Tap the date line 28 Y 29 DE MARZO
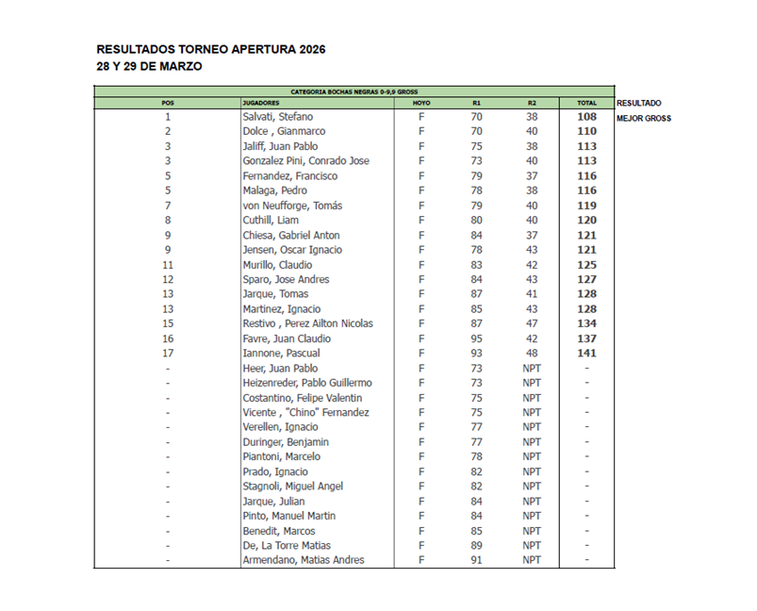(x=148, y=67)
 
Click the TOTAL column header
(x=586, y=102)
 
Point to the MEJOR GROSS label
(x=643, y=118)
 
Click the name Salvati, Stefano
(x=278, y=117)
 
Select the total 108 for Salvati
(x=586, y=117)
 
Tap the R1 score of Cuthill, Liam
(x=476, y=221)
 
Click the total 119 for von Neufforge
(x=586, y=206)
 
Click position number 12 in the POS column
(x=167, y=279)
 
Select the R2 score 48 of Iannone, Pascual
(x=532, y=354)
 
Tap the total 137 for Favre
(x=586, y=339)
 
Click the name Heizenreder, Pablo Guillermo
(x=306, y=383)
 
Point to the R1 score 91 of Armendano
(x=476, y=560)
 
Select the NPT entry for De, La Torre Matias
(x=532, y=545)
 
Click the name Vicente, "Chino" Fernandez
(x=305, y=412)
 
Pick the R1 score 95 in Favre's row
(x=476, y=339)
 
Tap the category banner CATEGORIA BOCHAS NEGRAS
(x=354, y=91)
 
